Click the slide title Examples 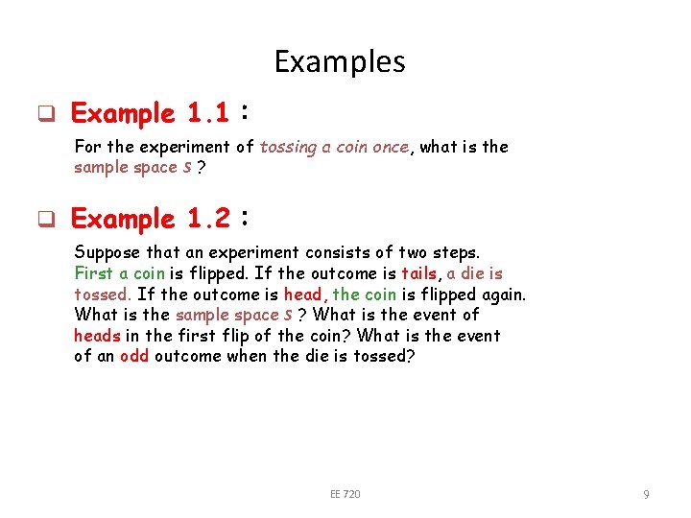pos(340,61)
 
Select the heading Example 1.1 pos(150,114)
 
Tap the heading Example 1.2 pos(150,220)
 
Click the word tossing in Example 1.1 pos(288,148)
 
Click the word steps pos(457,253)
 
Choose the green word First pos(93,273)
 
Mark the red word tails pos(419,273)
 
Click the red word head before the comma pos(303,294)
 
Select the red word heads pos(97,336)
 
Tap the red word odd pos(134,357)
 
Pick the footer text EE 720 pos(345,494)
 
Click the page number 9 pos(646,494)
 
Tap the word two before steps pos(409,253)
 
